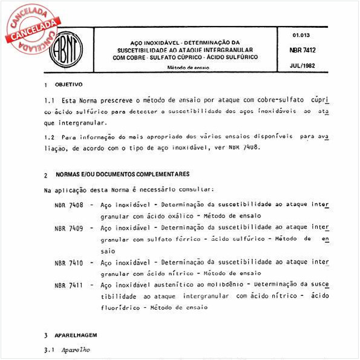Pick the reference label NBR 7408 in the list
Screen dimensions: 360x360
(69, 205)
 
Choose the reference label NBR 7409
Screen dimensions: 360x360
(69, 228)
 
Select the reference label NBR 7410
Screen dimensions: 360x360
(69, 262)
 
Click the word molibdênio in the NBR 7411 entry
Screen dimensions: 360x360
(223, 284)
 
